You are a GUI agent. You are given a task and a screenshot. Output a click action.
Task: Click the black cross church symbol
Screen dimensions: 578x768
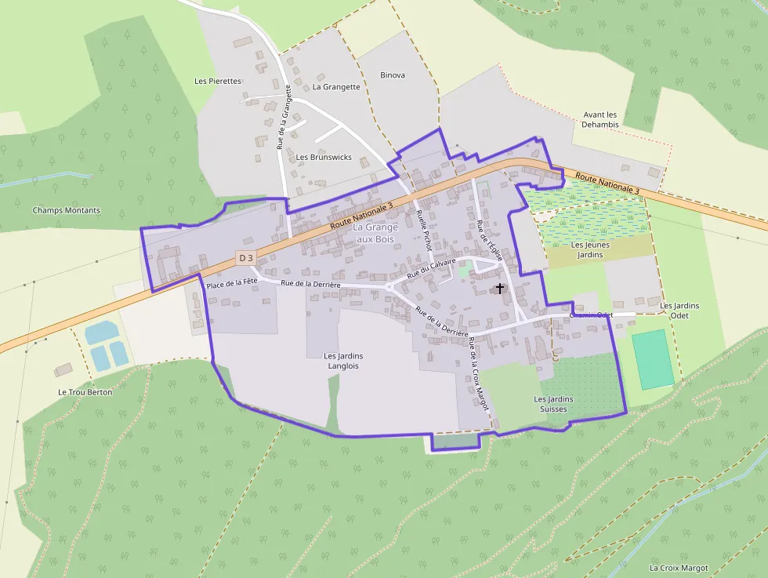tap(500, 289)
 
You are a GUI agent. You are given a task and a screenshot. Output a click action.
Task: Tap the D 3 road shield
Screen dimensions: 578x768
tap(246, 257)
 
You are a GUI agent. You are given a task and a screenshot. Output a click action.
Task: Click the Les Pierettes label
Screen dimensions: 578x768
tap(218, 81)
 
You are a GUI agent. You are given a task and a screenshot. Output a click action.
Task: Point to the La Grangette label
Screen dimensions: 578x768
tap(336, 87)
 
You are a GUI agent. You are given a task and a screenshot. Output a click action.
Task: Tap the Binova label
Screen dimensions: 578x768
tap(393, 75)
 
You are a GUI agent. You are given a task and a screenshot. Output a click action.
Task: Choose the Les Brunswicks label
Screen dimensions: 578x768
tap(324, 157)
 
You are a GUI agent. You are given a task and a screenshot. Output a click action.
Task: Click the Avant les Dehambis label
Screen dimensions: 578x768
tap(601, 119)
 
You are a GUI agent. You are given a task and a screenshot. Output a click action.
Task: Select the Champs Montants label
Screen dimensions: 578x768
tap(66, 210)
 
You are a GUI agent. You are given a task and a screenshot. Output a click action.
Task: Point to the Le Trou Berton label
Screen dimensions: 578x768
tap(85, 392)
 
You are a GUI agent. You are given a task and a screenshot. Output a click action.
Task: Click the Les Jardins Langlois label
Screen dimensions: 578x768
tap(343, 361)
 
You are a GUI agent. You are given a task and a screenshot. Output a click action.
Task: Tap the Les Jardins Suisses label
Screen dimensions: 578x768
tap(553, 404)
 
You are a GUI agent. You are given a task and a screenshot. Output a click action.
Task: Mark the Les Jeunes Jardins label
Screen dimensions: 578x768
tap(592, 249)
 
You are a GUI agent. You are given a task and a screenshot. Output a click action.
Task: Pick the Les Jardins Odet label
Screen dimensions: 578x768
tap(679, 311)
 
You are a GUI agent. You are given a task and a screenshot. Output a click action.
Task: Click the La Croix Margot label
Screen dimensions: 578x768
tap(679, 568)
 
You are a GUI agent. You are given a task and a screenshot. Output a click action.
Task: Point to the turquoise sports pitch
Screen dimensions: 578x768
tap(653, 359)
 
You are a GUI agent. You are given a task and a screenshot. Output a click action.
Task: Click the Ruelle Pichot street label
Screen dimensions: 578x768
tap(425, 230)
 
